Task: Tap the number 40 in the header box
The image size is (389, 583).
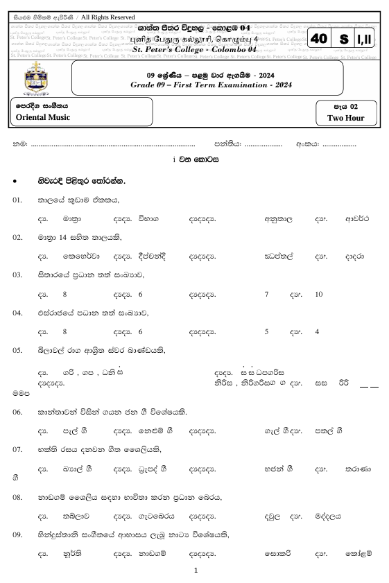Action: pyautogui.click(x=319, y=40)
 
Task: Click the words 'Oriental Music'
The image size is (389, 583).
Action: pyautogui.click(x=43, y=117)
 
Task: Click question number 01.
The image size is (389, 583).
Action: pyautogui.click(x=18, y=200)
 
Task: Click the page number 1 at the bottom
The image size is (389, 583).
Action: pyautogui.click(x=196, y=570)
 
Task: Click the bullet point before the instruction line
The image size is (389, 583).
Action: pyautogui.click(x=15, y=182)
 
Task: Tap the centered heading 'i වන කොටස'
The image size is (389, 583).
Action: pyautogui.click(x=196, y=159)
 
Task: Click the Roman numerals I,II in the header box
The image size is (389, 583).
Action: pyautogui.click(x=365, y=40)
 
